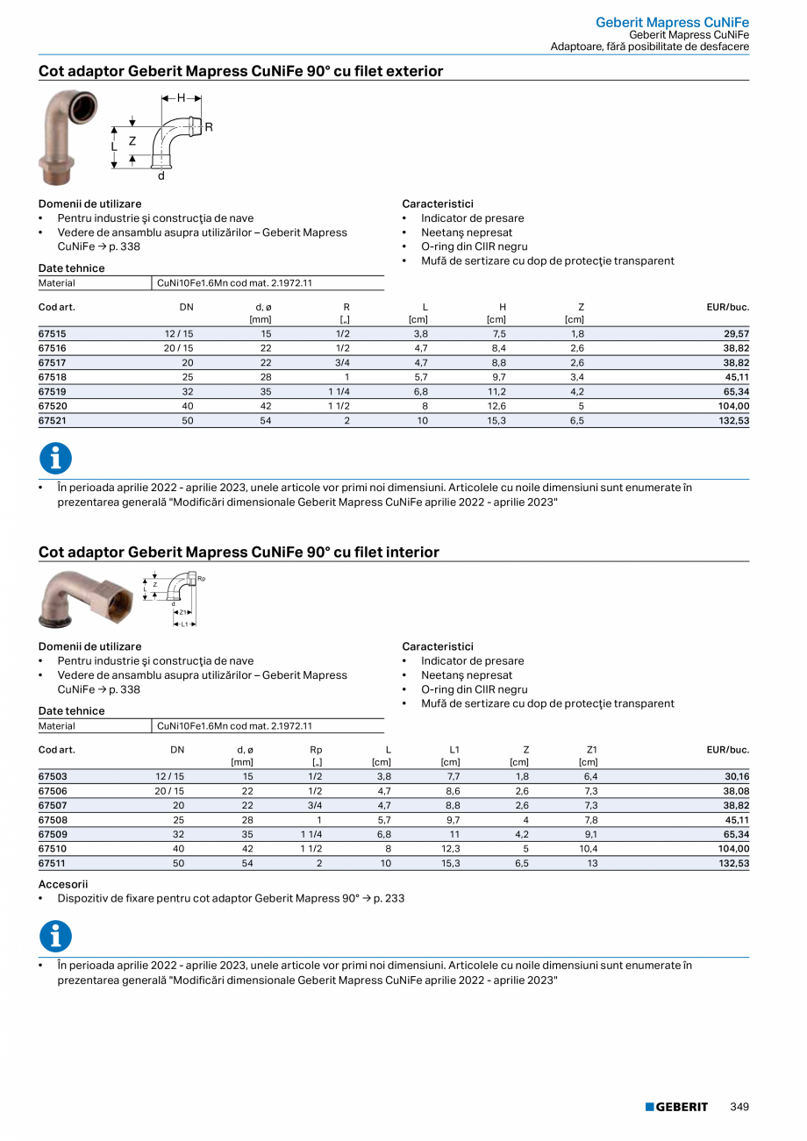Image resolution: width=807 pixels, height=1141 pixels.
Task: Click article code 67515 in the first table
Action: [53, 335]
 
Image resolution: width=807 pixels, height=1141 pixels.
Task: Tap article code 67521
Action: [53, 421]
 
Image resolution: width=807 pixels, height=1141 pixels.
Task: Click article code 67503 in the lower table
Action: [53, 777]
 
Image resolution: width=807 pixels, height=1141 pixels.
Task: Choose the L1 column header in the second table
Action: [454, 751]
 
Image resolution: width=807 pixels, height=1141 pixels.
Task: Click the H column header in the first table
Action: [502, 308]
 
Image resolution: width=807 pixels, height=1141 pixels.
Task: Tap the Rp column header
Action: [316, 751]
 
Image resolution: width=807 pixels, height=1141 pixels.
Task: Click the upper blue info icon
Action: [55, 459]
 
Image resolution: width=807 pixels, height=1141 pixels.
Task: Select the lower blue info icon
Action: [55, 936]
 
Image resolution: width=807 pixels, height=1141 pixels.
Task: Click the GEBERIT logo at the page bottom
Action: [676, 1107]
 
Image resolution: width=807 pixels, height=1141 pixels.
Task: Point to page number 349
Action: [739, 1107]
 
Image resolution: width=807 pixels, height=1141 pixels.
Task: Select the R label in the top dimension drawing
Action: [209, 127]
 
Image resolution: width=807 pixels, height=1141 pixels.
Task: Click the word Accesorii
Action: [63, 885]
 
